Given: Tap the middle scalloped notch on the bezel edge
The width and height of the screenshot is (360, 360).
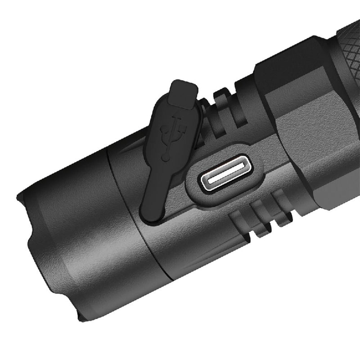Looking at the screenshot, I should (31, 243).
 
